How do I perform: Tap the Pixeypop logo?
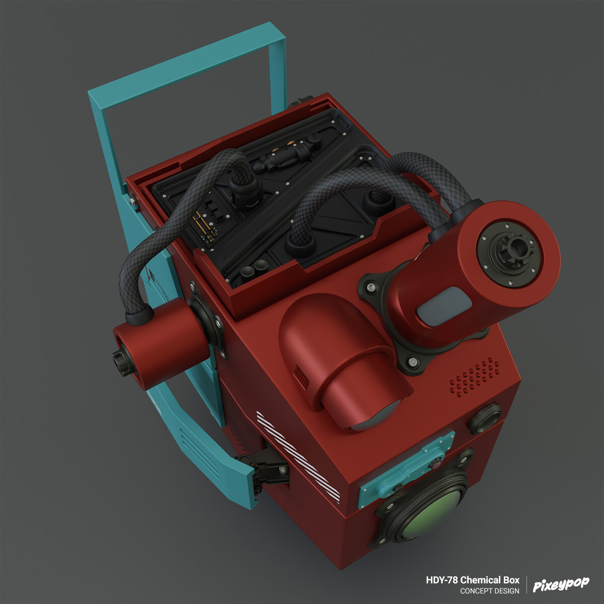coord(561,584)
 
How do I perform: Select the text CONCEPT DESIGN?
coord(489,591)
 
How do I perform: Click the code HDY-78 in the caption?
coord(441,580)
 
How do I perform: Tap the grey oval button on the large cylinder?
coord(443,306)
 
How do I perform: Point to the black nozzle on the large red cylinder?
coord(515,247)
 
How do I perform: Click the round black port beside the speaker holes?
coord(485,418)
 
